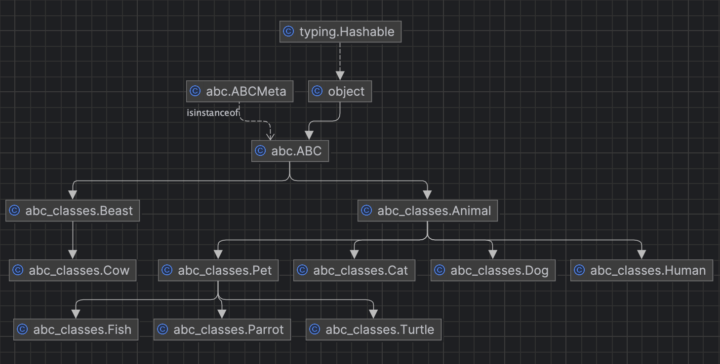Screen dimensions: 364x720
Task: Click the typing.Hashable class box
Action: (340, 32)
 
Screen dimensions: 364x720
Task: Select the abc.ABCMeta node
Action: (240, 91)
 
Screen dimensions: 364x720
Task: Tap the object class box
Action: (340, 91)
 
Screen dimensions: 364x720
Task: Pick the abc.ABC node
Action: (290, 151)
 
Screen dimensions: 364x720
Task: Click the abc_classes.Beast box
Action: (73, 211)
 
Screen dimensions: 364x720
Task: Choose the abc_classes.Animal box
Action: (427, 211)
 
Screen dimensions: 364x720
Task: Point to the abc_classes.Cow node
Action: (73, 270)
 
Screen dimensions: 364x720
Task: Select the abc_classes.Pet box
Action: (218, 270)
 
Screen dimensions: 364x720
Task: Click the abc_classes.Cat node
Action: (354, 270)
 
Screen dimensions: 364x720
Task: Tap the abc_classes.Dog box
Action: (493, 270)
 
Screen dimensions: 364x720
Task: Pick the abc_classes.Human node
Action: (641, 270)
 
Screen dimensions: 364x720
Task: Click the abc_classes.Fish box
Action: (76, 329)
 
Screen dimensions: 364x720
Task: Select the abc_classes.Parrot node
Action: (222, 329)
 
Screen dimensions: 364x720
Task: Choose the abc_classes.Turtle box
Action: (373, 329)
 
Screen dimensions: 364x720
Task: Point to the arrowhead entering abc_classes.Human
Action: (641, 255)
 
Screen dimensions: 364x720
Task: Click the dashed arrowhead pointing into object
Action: (340, 75)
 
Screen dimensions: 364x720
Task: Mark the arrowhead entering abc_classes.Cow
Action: (73, 255)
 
